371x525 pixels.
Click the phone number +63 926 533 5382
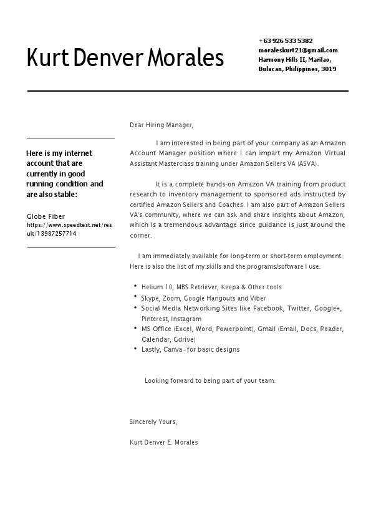point(286,41)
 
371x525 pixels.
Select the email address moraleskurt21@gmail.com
point(298,50)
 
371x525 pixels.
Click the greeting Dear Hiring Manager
point(161,125)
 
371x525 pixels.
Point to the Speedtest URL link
point(69,229)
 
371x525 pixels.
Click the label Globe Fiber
point(46,216)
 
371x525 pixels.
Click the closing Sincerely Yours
point(153,422)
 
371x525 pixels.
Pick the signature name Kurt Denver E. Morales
point(163,442)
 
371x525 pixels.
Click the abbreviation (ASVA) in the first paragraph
point(307,164)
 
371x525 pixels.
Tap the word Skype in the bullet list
point(150,299)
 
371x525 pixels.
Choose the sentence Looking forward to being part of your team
point(210,380)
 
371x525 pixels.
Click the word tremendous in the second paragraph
point(188,225)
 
